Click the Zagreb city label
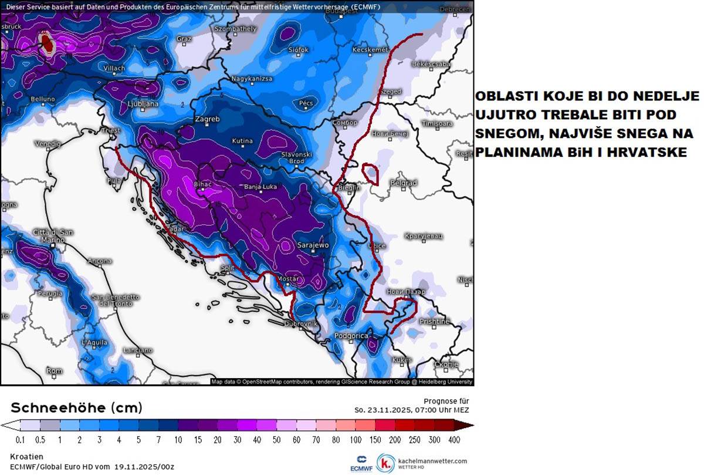[x=207, y=119]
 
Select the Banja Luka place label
[x=260, y=188]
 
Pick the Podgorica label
[x=351, y=336]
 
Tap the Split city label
[x=227, y=268]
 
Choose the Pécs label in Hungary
[x=306, y=103]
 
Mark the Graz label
[x=184, y=39]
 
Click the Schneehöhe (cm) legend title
[x=76, y=408]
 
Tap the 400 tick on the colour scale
[x=453, y=439]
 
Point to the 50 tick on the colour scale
[x=277, y=439]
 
